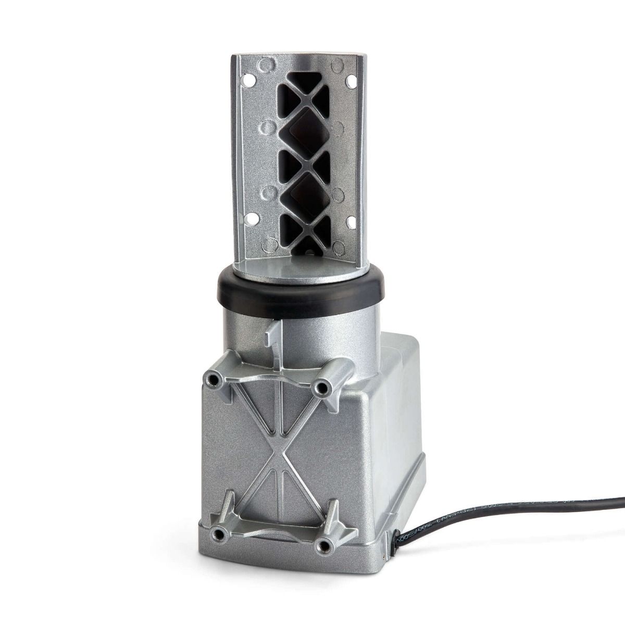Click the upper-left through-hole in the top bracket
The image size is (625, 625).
pyautogui.click(x=249, y=81)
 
